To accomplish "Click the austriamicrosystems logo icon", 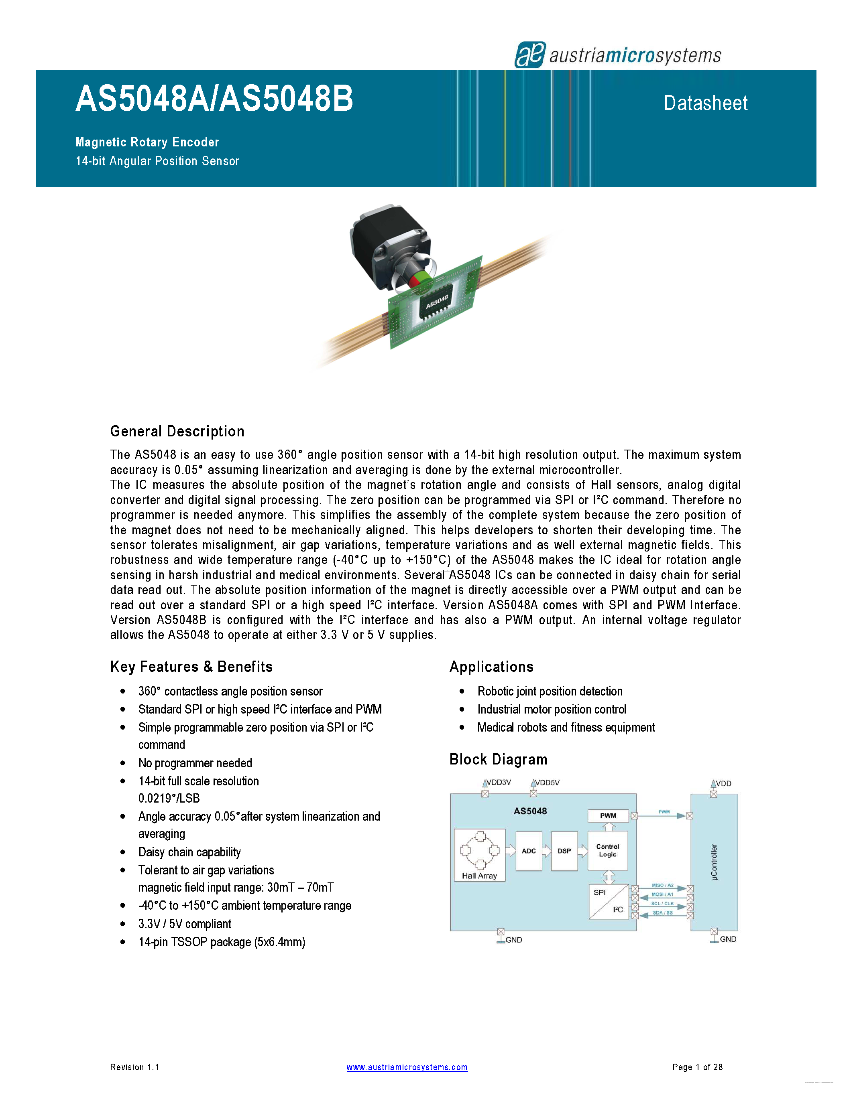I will (529, 55).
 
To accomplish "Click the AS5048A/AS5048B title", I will (214, 99).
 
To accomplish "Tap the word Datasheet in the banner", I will (705, 103).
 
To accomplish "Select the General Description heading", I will (177, 431).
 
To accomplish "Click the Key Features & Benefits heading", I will (191, 667).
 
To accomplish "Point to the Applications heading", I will (491, 667).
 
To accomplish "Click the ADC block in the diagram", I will (529, 851).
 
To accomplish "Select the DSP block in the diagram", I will (564, 851).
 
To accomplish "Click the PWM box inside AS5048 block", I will (608, 816).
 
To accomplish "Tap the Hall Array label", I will (479, 876).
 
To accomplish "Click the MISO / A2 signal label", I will (662, 885).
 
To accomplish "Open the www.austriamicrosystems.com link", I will (407, 1067).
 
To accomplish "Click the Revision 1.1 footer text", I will (134, 1067).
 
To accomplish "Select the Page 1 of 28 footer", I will (697, 1067).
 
